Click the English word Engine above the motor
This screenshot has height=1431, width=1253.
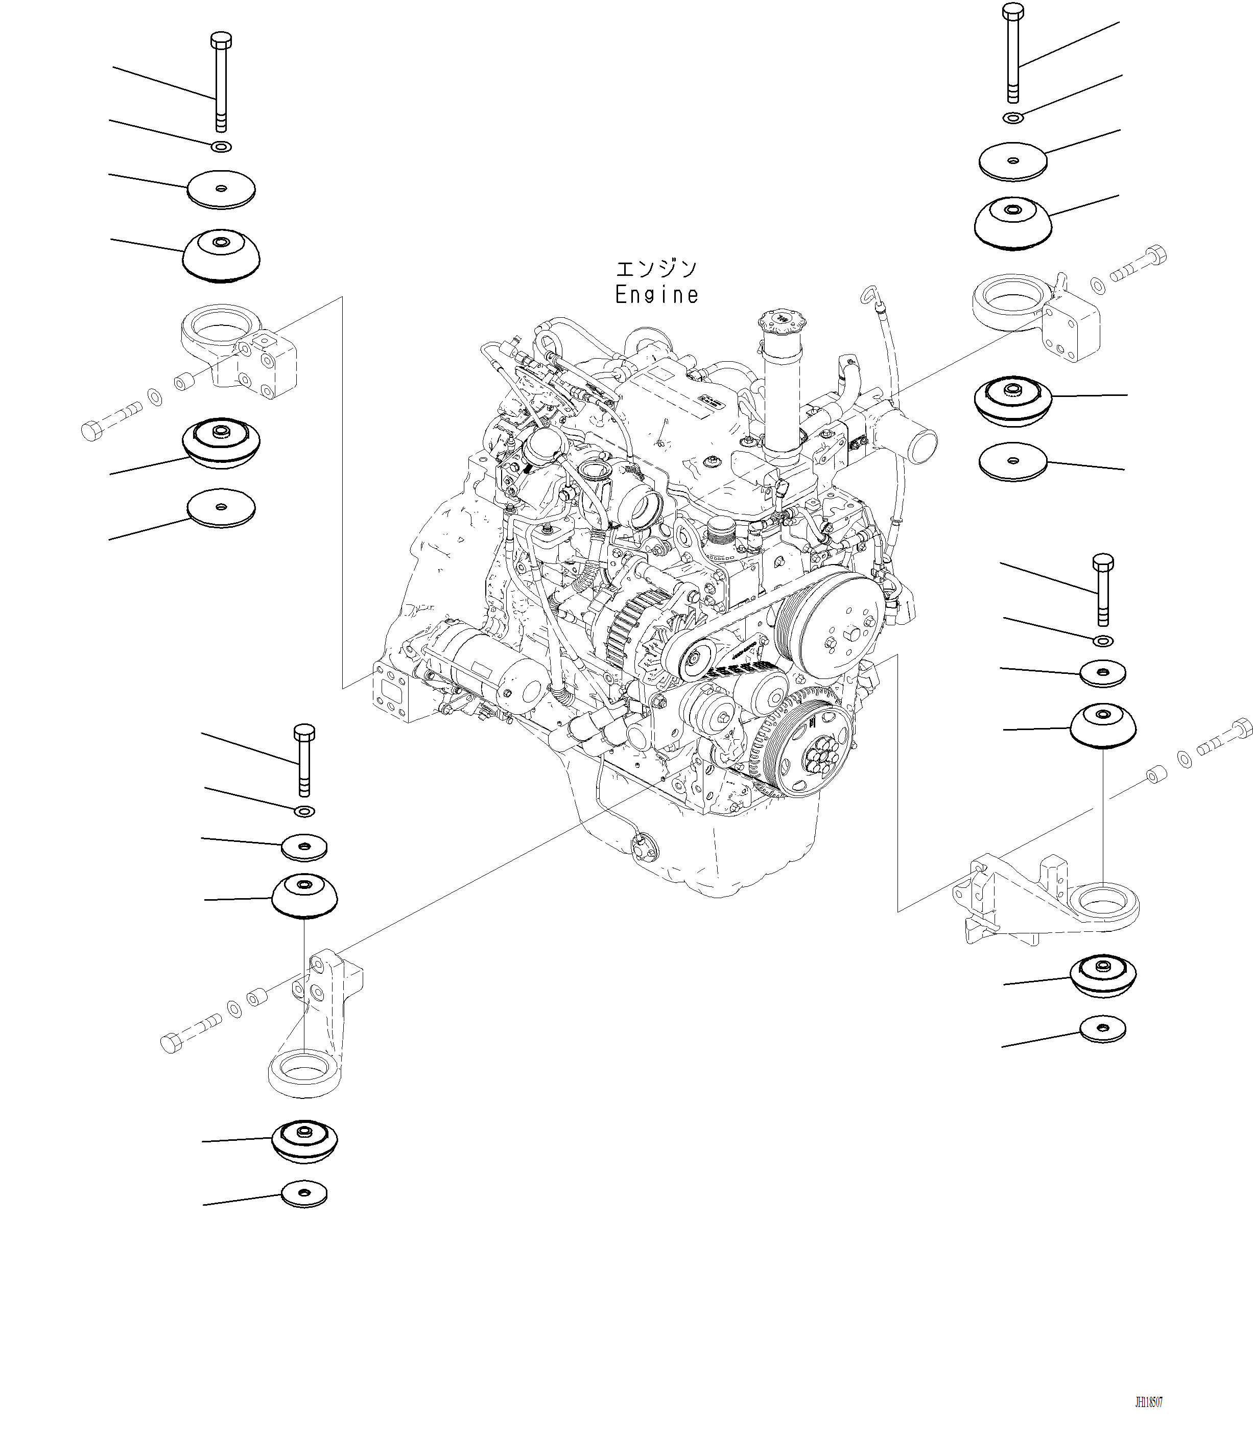pyautogui.click(x=656, y=295)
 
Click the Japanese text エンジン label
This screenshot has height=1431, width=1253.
pyautogui.click(x=656, y=269)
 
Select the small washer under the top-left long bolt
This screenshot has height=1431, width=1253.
pyautogui.click(x=221, y=147)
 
